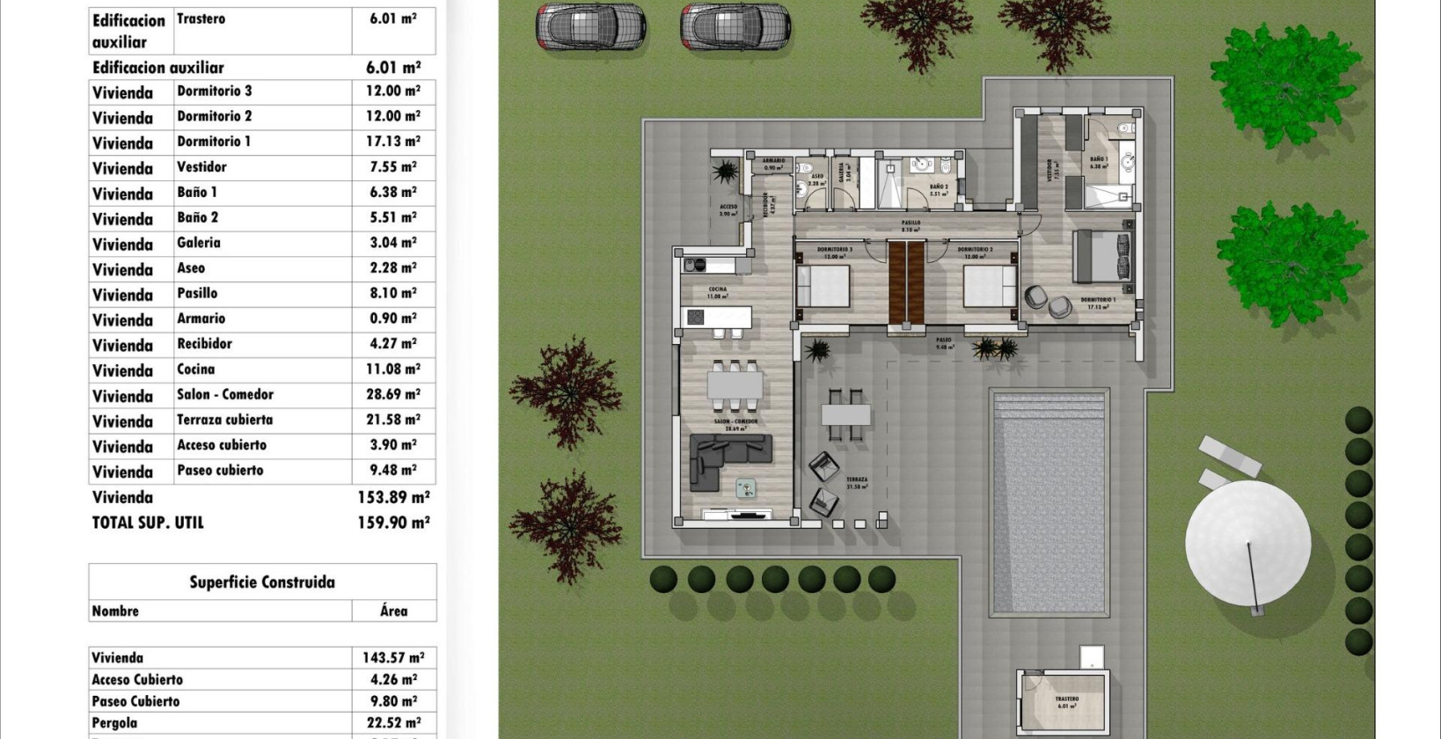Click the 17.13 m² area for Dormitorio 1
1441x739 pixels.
click(x=392, y=142)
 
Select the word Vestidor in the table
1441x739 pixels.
click(x=201, y=167)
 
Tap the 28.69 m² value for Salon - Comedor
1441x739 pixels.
click(x=392, y=395)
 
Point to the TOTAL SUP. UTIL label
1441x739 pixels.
click(x=148, y=523)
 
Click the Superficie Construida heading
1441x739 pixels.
click(x=262, y=582)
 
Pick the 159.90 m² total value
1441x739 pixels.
click(x=392, y=523)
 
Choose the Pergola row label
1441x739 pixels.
click(x=114, y=723)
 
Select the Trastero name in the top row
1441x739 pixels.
click(x=201, y=18)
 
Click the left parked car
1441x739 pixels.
click(x=577, y=26)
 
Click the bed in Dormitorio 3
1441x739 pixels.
click(x=823, y=286)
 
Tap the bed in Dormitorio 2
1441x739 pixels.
click(x=990, y=286)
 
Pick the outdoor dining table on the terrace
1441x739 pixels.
click(x=845, y=414)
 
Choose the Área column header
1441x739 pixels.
click(x=393, y=611)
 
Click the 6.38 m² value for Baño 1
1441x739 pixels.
click(x=392, y=193)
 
